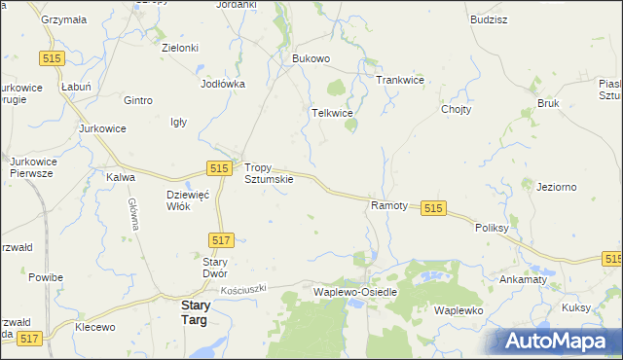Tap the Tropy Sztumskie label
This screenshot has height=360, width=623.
coord(268,173)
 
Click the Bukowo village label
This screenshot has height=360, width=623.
coord(311,58)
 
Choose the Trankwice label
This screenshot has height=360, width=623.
coord(400,80)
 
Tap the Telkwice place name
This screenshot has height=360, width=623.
coord(331,113)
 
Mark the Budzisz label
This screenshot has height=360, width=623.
coord(488,18)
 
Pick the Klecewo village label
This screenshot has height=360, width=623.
coord(95,328)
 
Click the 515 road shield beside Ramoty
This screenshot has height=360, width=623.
coord(434,208)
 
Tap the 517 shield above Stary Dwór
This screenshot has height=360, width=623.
coord(221,239)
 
